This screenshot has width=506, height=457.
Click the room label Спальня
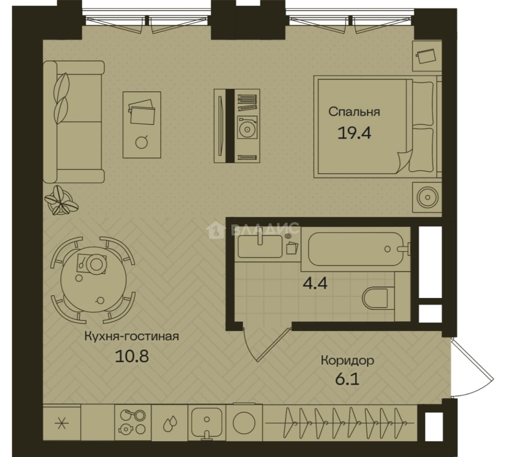pos(354,112)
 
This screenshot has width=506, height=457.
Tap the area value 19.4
pos(354,132)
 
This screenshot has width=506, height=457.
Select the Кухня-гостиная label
pos(131,336)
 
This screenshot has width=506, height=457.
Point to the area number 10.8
pos(132,356)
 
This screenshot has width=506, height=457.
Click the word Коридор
pos(347,361)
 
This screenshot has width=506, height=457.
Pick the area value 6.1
pos(347,379)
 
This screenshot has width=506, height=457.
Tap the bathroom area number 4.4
pos(315,283)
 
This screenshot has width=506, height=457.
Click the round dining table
pos(94,279)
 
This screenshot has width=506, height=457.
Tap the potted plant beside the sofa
pos(61,200)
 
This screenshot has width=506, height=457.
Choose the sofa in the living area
pos(74,122)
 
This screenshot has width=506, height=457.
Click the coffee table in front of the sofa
pos(142,125)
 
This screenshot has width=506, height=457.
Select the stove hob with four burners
pos(133,423)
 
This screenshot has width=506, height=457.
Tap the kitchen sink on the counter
pos(206,422)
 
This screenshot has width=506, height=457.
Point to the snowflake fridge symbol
pos(62,423)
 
